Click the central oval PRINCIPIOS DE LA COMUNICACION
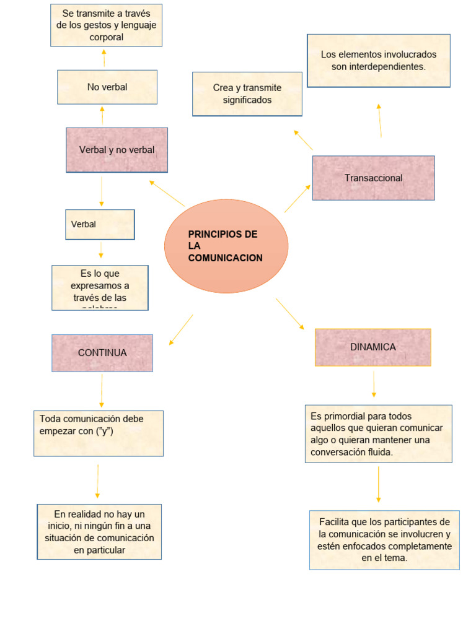pos(226,246)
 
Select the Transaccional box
pos(373,178)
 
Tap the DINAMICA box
pos(372,347)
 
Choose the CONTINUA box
pos(102,353)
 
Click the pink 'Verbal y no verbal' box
pos(117,150)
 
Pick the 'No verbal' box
pos(107,87)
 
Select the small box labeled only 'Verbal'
pos(100,224)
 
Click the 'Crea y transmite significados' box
pos(247,94)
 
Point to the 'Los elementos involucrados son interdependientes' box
pos(378,61)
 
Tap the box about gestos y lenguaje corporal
pos(106,24)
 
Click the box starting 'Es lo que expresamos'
pos(100,288)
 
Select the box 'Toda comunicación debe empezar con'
pos(99,433)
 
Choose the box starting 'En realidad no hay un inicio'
pos(99,532)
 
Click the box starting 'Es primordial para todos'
pos(378,434)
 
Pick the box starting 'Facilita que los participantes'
pos(384,540)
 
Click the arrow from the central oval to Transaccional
pos(297,198)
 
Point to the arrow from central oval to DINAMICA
pos(290,314)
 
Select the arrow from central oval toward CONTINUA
pos(181,329)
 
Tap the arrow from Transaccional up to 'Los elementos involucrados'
pos(379,121)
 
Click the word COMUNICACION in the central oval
pos(225,258)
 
